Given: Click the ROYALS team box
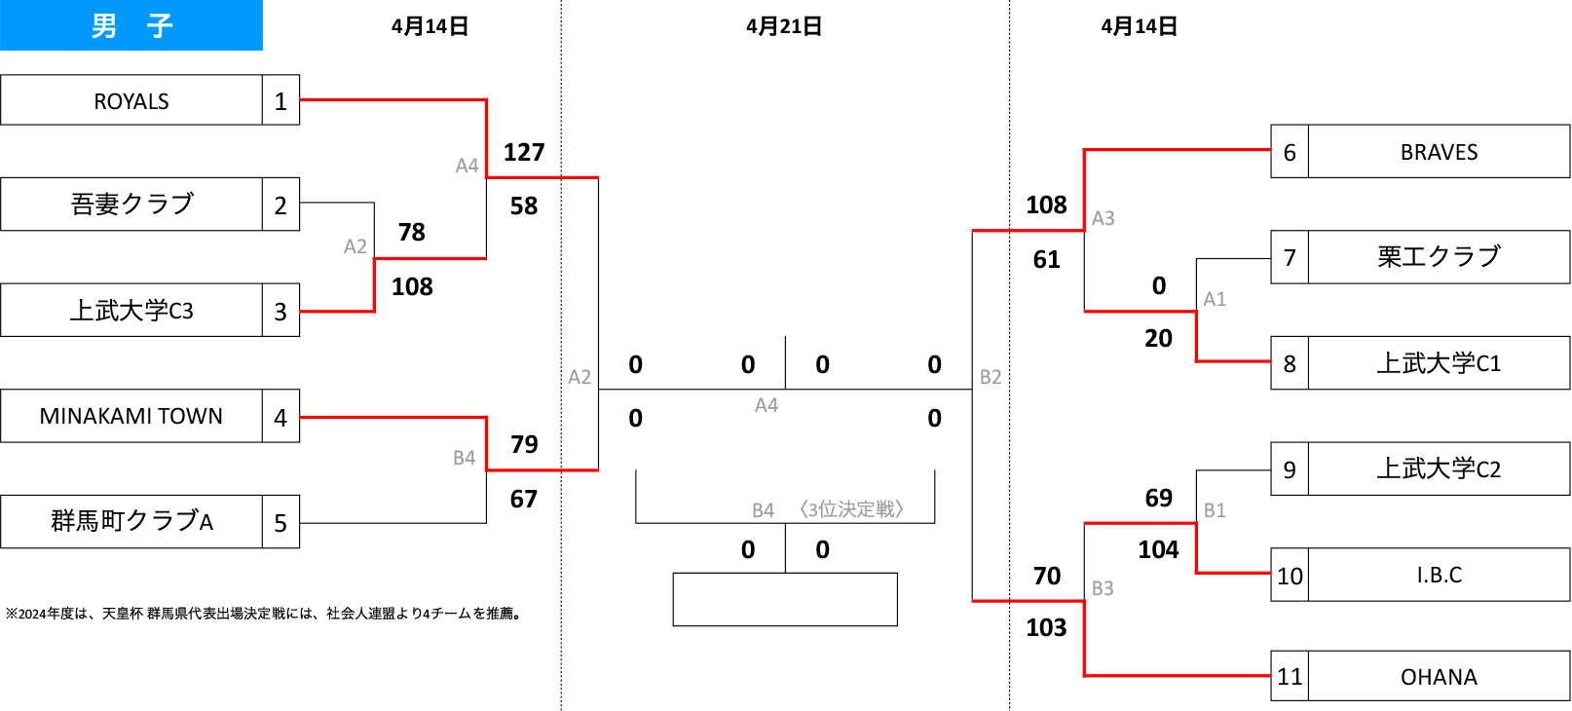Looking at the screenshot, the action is pyautogui.click(x=131, y=100).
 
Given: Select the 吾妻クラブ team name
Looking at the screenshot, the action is pyautogui.click(x=131, y=205).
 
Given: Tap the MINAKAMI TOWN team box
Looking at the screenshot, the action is pyautogui.click(x=131, y=416).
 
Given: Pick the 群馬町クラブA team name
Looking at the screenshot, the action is pyautogui.click(x=131, y=521).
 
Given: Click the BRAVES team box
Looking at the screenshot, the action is pyautogui.click(x=1439, y=152).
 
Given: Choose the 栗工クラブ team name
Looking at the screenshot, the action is pyautogui.click(x=1439, y=257).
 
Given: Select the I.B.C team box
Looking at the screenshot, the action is pyautogui.click(x=1439, y=575).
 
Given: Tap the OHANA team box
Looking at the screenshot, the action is pyautogui.click(x=1439, y=676).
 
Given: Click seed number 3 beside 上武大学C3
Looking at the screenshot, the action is pyautogui.click(x=281, y=311).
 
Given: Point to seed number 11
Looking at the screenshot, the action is pyautogui.click(x=1290, y=676).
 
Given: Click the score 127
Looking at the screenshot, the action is pyautogui.click(x=524, y=152).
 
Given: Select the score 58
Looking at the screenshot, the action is pyautogui.click(x=524, y=206).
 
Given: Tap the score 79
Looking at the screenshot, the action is pyautogui.click(x=524, y=444).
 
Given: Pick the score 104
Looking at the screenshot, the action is pyautogui.click(x=1159, y=549).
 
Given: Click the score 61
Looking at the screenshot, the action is pyautogui.click(x=1046, y=260).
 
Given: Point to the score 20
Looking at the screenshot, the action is pyautogui.click(x=1159, y=338).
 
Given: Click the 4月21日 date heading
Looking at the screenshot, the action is pyautogui.click(x=784, y=26).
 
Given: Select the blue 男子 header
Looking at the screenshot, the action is pyautogui.click(x=131, y=25).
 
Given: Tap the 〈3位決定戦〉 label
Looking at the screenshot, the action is pyautogui.click(x=851, y=509).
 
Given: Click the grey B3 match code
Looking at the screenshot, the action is pyautogui.click(x=1103, y=588).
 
